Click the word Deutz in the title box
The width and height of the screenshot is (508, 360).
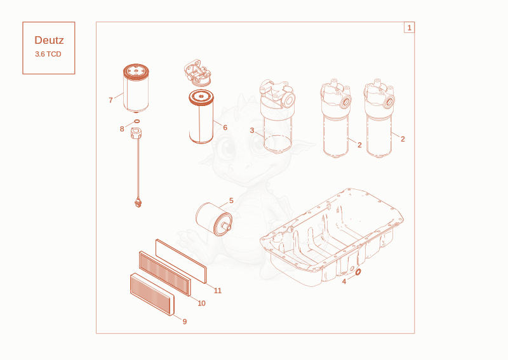[49, 40]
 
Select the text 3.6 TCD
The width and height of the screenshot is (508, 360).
[48, 54]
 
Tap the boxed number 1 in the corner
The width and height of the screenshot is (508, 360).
[409, 27]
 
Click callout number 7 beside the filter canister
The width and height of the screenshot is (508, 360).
[110, 100]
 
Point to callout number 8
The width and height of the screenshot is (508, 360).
[122, 129]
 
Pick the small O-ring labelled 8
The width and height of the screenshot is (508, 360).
[137, 121]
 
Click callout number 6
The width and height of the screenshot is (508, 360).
[225, 128]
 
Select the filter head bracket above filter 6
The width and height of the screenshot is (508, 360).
[197, 72]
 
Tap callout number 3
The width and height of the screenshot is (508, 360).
[252, 130]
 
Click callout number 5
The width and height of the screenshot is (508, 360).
[231, 201]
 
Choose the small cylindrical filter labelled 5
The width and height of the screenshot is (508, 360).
[214, 219]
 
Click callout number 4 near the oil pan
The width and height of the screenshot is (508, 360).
[344, 281]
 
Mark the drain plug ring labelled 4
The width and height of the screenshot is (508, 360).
[358, 272]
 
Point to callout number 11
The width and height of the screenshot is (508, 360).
[218, 291]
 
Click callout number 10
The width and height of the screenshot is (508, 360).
[201, 303]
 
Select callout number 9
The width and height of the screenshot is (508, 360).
[185, 321]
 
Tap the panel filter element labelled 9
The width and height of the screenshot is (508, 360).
[152, 294]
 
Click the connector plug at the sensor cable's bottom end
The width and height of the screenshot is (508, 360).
[138, 203]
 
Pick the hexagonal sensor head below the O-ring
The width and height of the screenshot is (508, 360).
[137, 133]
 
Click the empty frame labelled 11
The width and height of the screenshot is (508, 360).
[181, 261]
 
